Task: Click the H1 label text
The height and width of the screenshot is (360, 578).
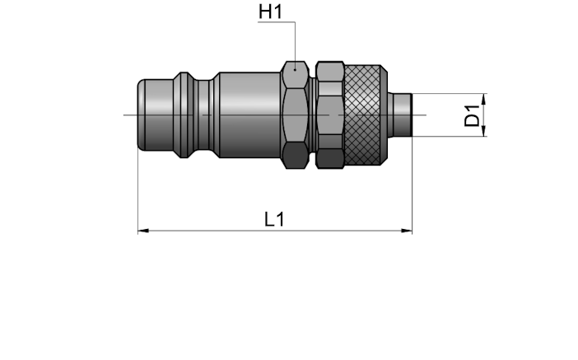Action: point(271,12)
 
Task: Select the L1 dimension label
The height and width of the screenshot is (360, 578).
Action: point(275,219)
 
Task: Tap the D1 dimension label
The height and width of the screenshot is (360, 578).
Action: point(472,115)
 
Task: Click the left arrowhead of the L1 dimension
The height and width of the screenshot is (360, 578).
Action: point(143,231)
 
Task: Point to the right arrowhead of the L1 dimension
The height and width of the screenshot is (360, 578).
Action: point(407,231)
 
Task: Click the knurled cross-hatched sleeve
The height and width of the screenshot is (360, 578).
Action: point(363,115)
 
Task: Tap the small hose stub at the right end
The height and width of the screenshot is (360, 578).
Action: point(402,115)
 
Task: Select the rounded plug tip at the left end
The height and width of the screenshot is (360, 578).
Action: point(155,115)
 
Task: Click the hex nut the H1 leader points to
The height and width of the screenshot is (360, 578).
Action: point(295,115)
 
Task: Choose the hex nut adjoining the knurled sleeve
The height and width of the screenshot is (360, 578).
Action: point(330,115)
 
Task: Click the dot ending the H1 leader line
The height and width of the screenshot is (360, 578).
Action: point(295,69)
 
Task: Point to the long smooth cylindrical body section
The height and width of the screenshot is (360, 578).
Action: point(249,115)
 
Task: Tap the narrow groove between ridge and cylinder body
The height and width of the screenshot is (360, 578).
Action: point(203,115)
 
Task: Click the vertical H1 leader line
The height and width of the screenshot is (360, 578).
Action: point(295,45)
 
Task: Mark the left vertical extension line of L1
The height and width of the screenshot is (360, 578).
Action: point(138,191)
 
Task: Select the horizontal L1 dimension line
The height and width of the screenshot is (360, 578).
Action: point(275,231)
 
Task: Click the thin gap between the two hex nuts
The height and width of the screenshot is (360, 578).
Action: point(312,115)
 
